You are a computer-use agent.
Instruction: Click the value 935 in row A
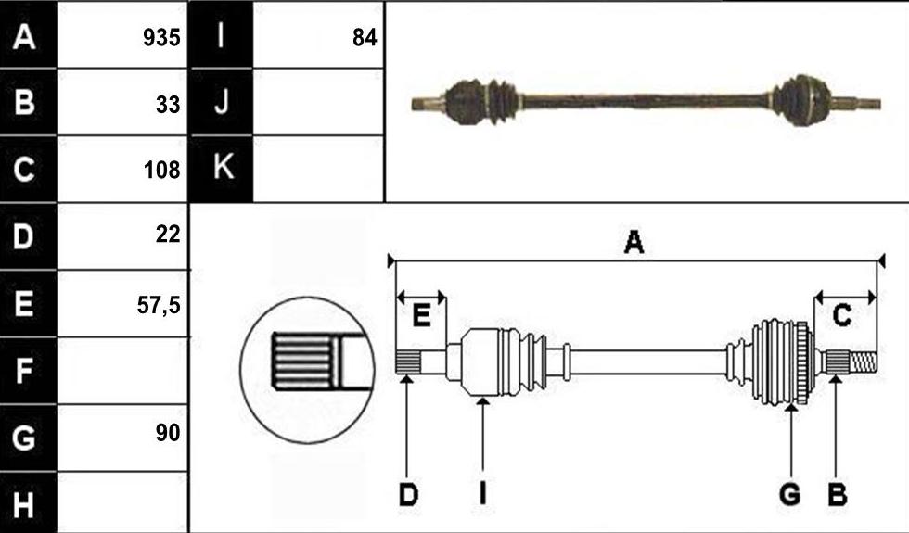point(161,38)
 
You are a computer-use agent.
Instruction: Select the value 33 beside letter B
point(168,105)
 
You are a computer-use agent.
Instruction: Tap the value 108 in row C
point(161,170)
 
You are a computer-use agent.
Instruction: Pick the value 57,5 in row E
point(159,305)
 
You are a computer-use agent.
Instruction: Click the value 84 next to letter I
point(365,38)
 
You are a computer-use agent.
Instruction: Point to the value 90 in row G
point(168,432)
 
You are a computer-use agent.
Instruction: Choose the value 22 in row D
point(168,234)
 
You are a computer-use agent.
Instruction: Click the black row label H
point(23,504)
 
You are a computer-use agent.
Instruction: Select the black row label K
point(224,166)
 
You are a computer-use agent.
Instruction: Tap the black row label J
point(222,103)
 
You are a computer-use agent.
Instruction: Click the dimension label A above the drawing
point(634,242)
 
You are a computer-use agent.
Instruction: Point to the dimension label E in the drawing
point(421,316)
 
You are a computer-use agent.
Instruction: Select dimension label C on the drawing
point(841,316)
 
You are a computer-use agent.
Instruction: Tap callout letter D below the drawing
point(408,495)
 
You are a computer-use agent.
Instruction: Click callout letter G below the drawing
point(790,495)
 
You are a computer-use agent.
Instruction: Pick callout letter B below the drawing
point(837,495)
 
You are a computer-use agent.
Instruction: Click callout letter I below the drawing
point(482,495)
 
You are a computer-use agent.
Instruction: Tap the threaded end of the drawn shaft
point(862,363)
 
